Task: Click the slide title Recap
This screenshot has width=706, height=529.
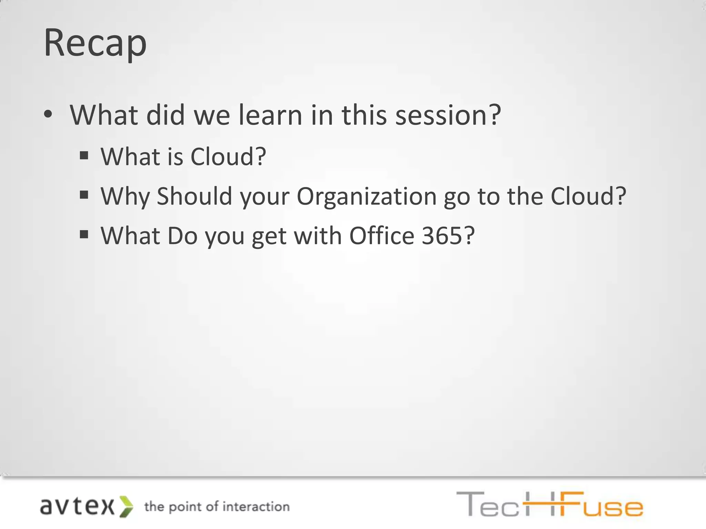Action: coord(95,43)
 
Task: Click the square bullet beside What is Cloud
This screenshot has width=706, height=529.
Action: coord(84,156)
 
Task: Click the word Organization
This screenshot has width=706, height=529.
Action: coord(366,196)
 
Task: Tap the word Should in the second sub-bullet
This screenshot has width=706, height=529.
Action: coord(194,196)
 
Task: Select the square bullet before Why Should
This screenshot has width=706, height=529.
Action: coord(84,195)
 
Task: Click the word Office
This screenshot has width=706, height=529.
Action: coord(382,236)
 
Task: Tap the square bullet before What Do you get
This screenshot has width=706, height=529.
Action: coord(84,235)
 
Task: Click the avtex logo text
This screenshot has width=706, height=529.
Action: coord(77,507)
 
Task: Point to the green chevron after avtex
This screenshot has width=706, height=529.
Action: coord(126,507)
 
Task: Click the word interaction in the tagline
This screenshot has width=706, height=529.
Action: coord(256,507)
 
